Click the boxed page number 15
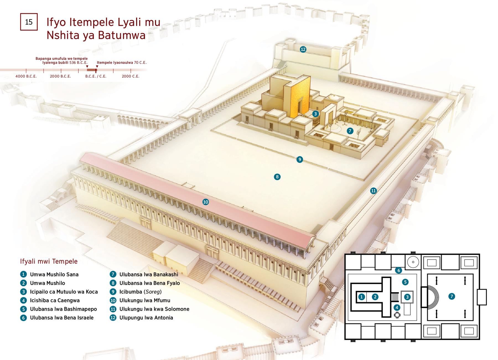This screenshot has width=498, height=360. [x=29, y=22]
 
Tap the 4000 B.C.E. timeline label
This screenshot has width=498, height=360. [x=26, y=76]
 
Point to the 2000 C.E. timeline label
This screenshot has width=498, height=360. [x=131, y=76]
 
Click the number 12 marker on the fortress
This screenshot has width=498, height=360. [x=303, y=49]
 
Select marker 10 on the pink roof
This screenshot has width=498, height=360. [x=206, y=202]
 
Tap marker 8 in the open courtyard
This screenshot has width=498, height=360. [x=277, y=177]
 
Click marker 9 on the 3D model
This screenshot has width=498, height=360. [x=299, y=159]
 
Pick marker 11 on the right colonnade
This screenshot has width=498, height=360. [x=373, y=191]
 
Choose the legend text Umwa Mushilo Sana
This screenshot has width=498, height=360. [x=54, y=274]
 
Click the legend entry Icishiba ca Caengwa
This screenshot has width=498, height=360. [x=55, y=300]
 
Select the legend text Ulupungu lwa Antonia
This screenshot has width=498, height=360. [x=146, y=318]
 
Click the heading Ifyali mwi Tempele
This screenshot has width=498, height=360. [x=49, y=261]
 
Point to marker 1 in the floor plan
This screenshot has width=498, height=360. [x=362, y=297]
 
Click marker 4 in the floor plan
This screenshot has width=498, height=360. [x=397, y=307]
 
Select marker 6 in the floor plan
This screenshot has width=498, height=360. [x=398, y=270]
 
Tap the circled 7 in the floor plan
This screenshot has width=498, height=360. [x=452, y=296]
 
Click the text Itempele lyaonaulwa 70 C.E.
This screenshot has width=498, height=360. [x=122, y=63]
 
